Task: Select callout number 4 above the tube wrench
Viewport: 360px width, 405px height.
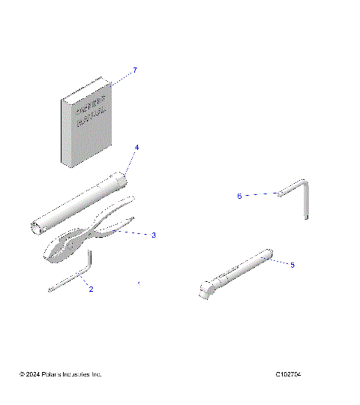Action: point(136,147)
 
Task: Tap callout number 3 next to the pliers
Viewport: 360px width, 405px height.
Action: point(153,235)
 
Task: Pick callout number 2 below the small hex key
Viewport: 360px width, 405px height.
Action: point(91,288)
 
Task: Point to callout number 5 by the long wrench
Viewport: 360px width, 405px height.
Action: point(292,265)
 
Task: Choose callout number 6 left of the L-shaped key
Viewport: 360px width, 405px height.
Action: point(239,196)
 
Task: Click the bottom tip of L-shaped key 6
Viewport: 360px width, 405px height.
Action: point(307,218)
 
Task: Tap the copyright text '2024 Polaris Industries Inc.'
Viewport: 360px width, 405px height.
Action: point(60,374)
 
